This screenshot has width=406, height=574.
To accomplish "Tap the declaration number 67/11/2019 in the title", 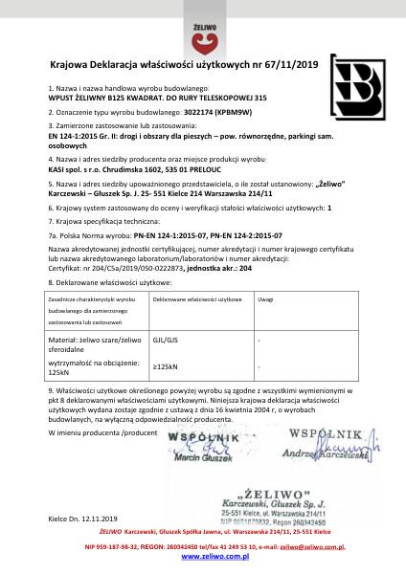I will (x=282, y=65).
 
